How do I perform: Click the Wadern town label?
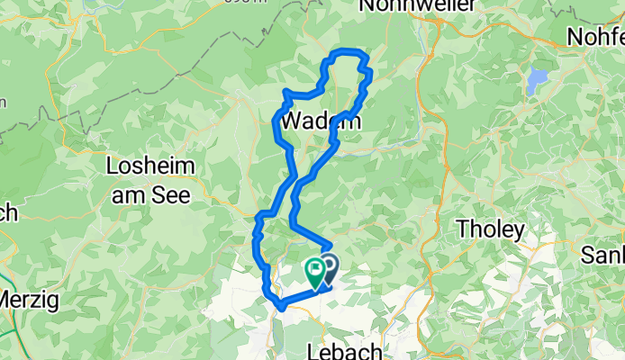point(321,121)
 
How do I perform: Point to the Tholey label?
point(490,229)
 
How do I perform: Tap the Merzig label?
point(29,298)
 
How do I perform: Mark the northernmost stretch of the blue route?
point(348,52)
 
